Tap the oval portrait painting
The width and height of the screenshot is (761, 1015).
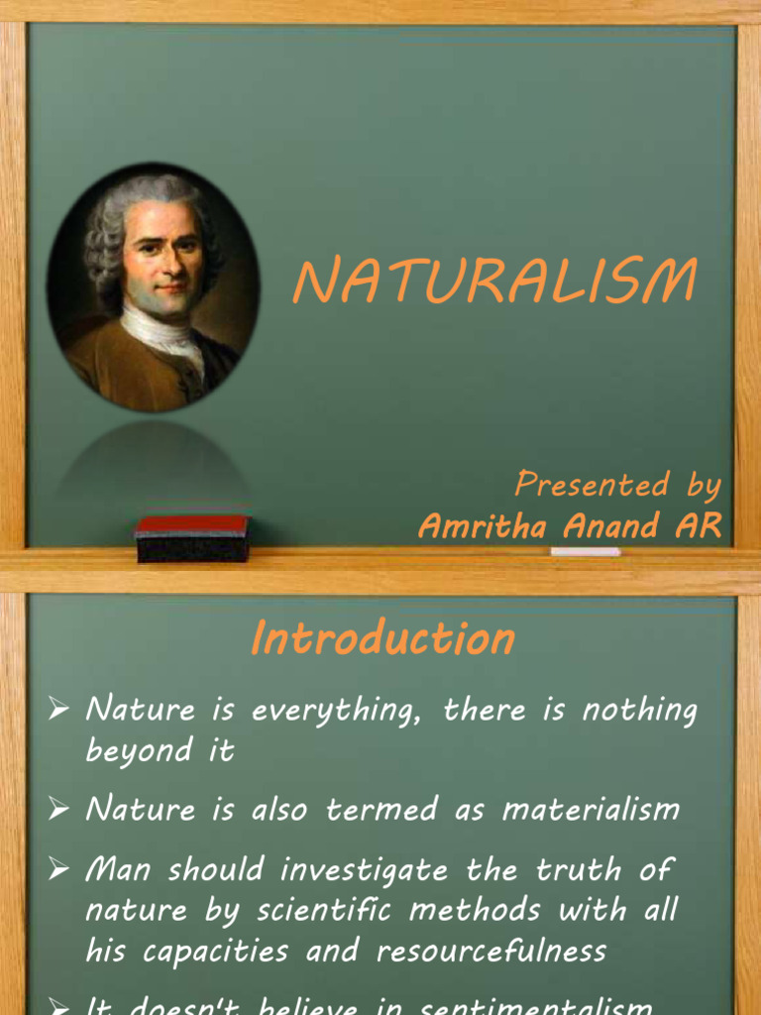click(x=154, y=287)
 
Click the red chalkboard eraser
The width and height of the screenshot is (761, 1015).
click(x=191, y=538)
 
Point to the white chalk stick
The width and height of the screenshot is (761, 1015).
click(x=586, y=551)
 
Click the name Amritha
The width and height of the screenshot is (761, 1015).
click(x=484, y=526)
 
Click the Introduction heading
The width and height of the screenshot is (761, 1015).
click(x=382, y=638)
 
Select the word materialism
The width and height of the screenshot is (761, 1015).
click(x=591, y=810)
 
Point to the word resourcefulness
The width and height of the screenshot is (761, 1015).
click(x=491, y=952)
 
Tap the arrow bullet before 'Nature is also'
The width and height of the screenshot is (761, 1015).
click(x=59, y=809)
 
